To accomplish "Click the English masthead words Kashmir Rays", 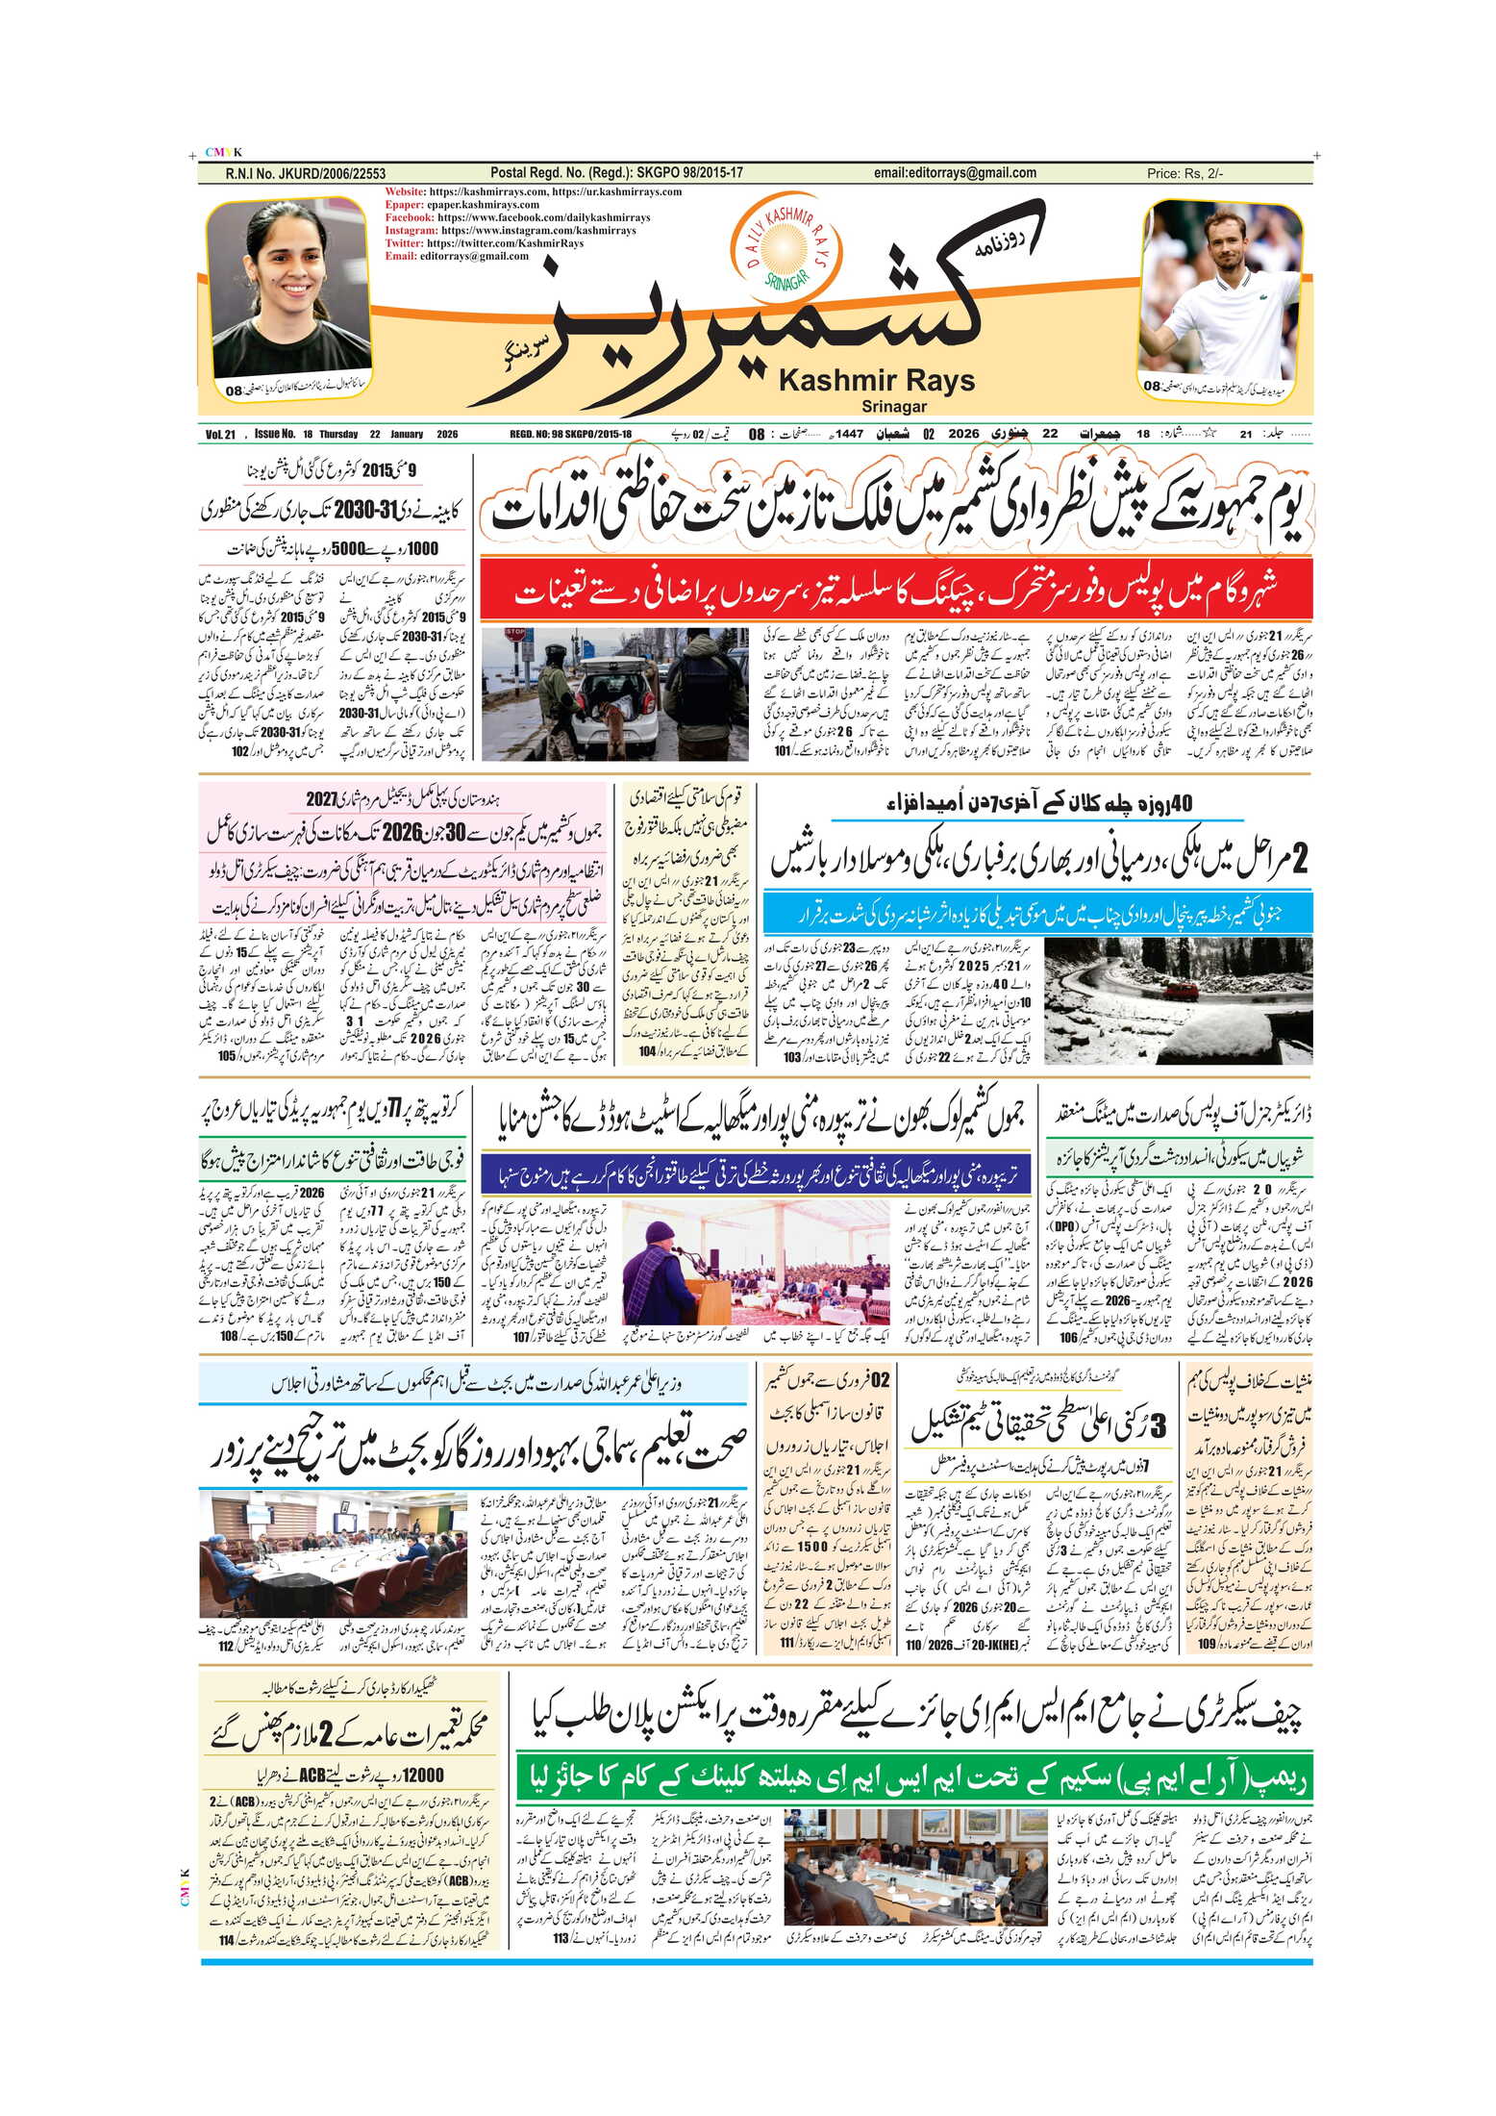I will point(876,381).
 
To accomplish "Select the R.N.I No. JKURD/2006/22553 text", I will point(305,174).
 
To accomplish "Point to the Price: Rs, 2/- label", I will point(1184,174).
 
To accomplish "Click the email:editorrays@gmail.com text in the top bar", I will point(955,173).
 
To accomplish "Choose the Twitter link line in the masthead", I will point(485,243).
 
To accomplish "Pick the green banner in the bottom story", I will point(913,1780).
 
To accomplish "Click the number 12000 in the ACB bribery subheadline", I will point(422,1776).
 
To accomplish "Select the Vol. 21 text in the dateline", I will point(220,435).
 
